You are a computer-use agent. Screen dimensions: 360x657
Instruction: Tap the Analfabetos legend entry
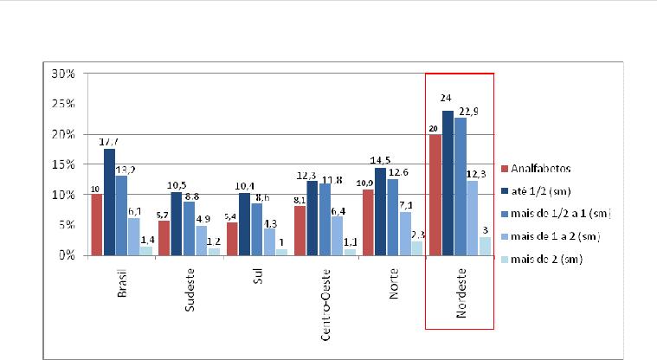point(536,167)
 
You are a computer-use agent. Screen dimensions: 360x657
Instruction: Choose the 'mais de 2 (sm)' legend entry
point(546,258)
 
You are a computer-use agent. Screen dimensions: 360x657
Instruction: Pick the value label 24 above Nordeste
point(448,101)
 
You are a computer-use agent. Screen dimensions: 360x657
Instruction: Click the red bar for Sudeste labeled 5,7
point(164,238)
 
